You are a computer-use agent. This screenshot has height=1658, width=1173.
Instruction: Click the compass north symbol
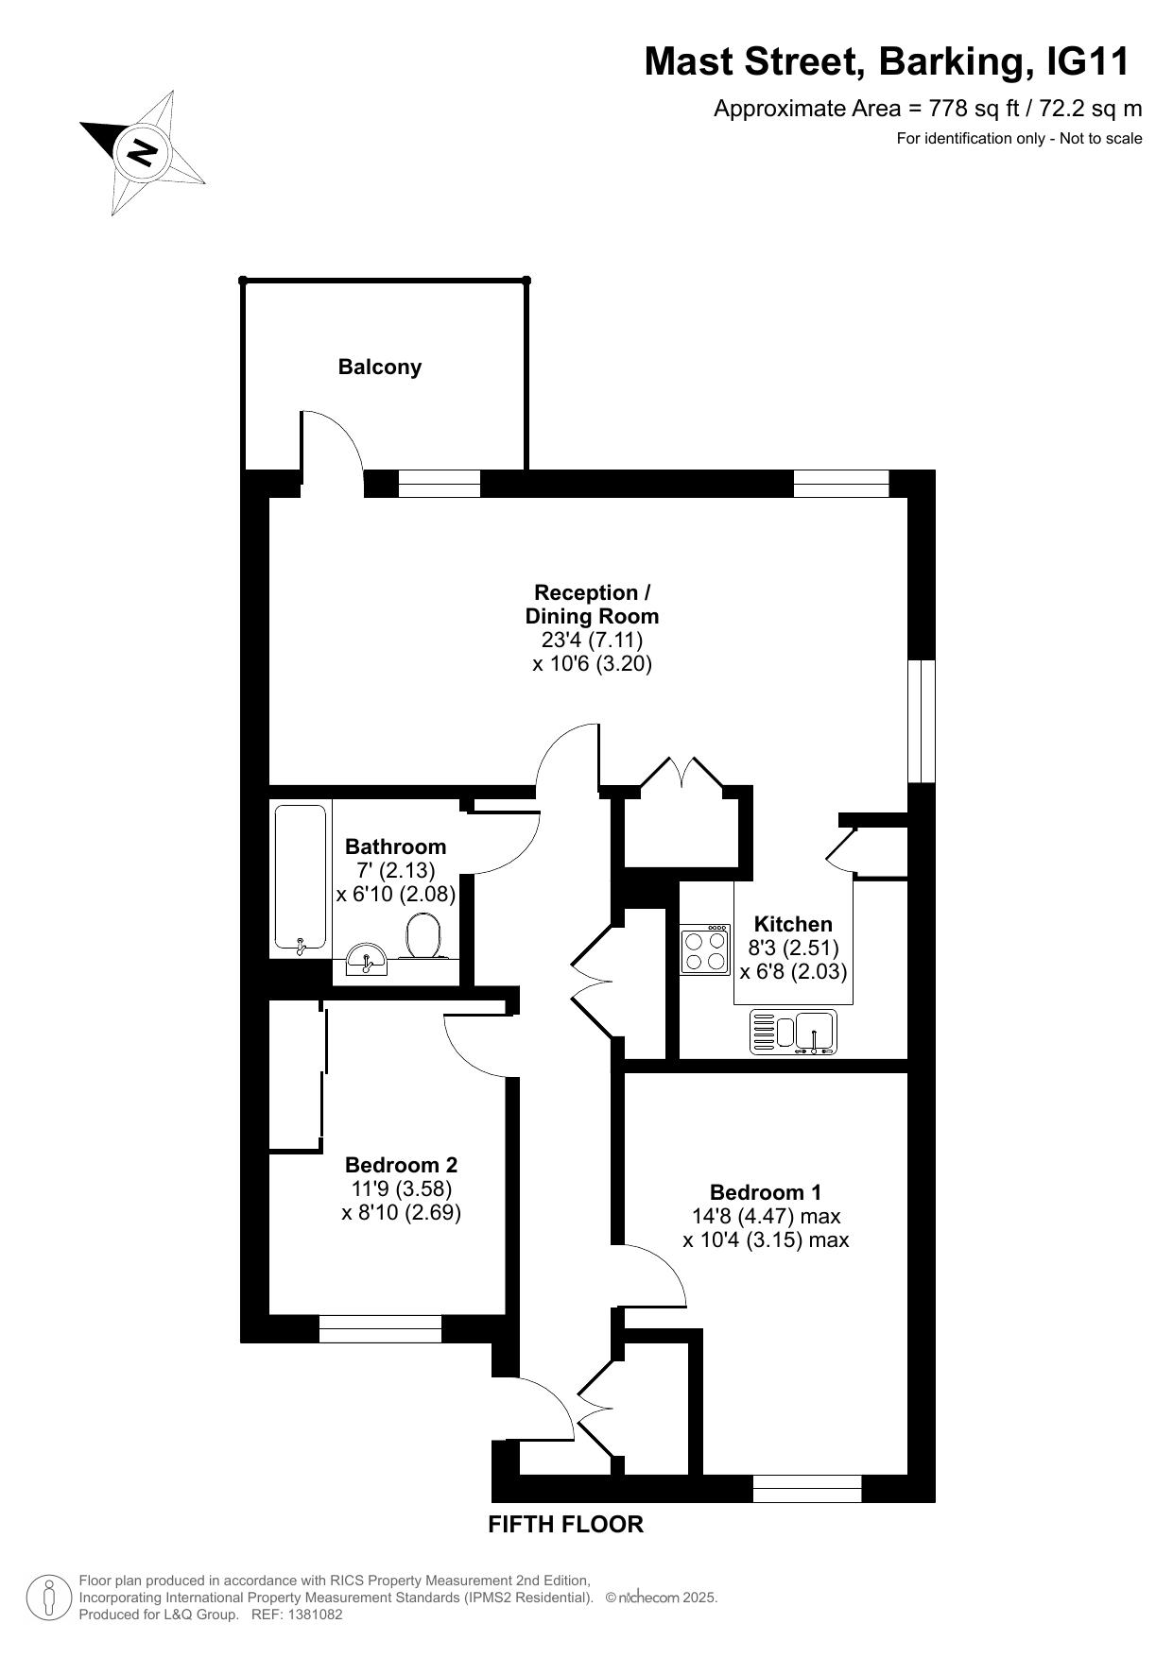coord(142,151)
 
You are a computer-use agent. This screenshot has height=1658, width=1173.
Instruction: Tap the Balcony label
coord(380,367)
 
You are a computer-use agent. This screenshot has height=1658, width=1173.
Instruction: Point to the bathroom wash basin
coord(367,959)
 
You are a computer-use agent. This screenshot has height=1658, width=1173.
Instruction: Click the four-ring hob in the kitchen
coord(705,949)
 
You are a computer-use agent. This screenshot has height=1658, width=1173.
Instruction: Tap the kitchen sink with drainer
coord(794,1032)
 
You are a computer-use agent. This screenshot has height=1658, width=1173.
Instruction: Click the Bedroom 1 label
coord(766,1192)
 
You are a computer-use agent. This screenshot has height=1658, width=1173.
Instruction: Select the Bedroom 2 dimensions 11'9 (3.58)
coord(402,1188)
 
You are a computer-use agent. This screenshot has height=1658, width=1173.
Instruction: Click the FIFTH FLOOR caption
coord(565,1524)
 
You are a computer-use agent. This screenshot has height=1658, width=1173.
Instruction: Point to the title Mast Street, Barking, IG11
coord(887,62)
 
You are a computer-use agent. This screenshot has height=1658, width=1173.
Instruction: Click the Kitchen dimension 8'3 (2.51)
coord(794,948)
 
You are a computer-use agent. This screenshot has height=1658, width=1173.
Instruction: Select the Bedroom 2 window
coord(380,1328)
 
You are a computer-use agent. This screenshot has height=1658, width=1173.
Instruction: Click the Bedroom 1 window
coord(807,1488)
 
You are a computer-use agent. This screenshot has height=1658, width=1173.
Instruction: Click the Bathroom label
coord(395,846)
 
